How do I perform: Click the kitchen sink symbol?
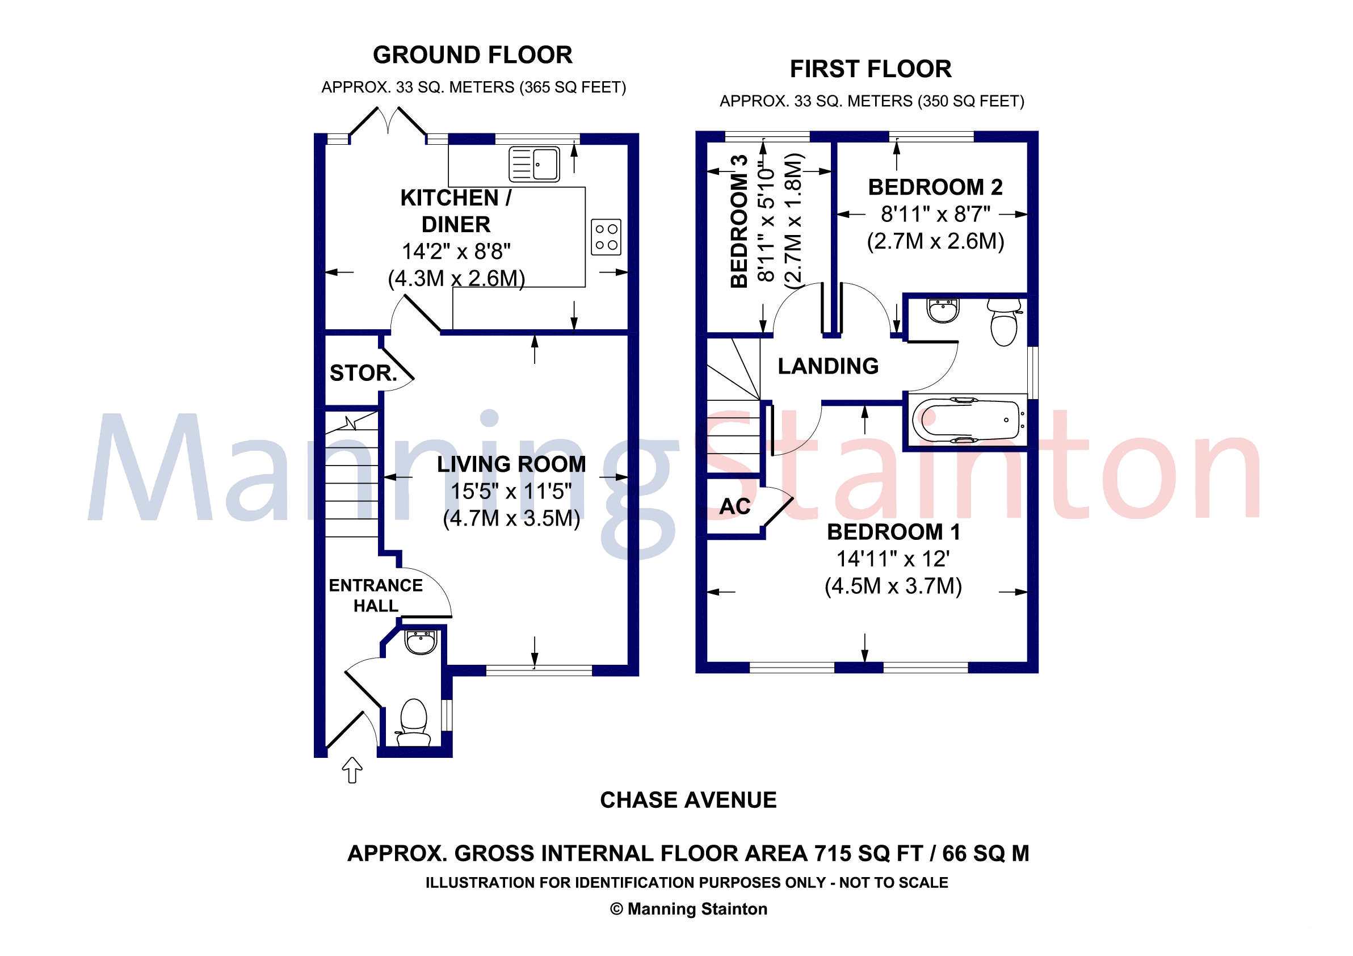pyautogui.click(x=534, y=164)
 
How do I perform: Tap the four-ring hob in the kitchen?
pyautogui.click(x=606, y=237)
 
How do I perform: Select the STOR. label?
pyautogui.click(x=364, y=373)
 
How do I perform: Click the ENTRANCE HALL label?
pyautogui.click(x=376, y=596)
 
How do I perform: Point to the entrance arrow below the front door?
pyautogui.click(x=352, y=770)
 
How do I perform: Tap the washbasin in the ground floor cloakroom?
pyautogui.click(x=420, y=642)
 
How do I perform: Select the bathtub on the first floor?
pyautogui.click(x=967, y=420)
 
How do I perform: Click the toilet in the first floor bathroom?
pyautogui.click(x=1004, y=322)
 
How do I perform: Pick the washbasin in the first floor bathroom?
pyautogui.click(x=943, y=310)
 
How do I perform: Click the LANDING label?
pyautogui.click(x=828, y=366)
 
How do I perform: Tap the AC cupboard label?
pyautogui.click(x=735, y=506)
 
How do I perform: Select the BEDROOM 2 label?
pyautogui.click(x=935, y=187)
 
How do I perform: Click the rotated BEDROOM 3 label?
pyautogui.click(x=739, y=221)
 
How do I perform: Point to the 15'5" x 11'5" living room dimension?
pyautogui.click(x=511, y=491)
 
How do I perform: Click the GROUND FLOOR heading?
pyautogui.click(x=473, y=55)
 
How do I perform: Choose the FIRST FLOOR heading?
pyautogui.click(x=871, y=69)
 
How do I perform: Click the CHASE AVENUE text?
pyautogui.click(x=688, y=800)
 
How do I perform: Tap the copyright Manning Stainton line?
pyautogui.click(x=688, y=909)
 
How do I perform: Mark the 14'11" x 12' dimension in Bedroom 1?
pyautogui.click(x=893, y=559)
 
